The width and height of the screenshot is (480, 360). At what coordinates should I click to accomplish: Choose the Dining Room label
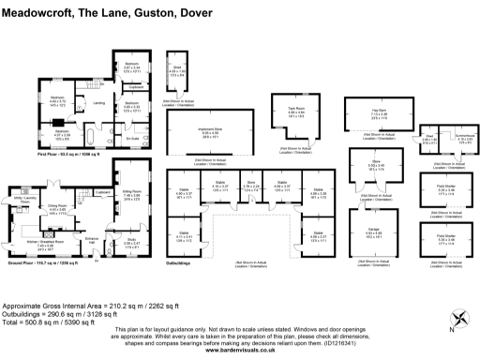[57, 206]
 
